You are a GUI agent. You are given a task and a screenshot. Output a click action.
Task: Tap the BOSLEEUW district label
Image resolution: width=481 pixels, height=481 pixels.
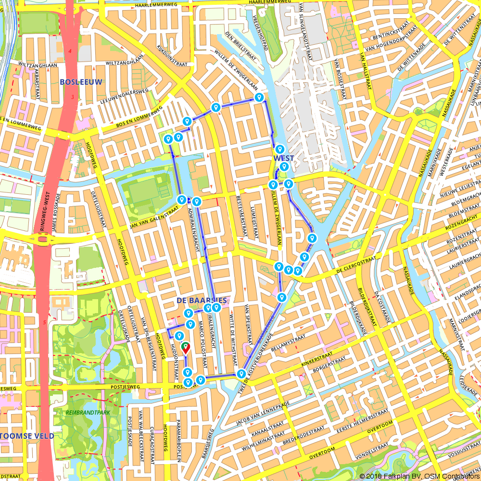tap(81, 82)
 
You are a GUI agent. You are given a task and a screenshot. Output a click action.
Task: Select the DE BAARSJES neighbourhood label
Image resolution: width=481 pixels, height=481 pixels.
tap(202, 300)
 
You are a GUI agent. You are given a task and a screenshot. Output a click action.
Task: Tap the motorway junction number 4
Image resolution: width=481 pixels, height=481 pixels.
tap(70, 51)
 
